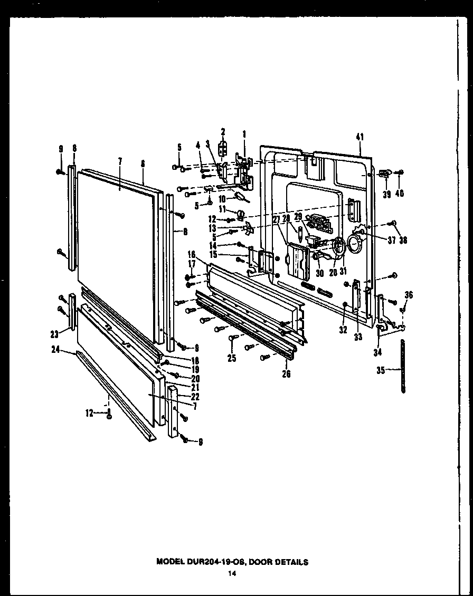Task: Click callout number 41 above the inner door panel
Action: [x=360, y=138]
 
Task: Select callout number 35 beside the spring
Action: [x=380, y=370]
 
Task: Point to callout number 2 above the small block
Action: [x=223, y=131]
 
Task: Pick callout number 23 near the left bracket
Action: [x=54, y=333]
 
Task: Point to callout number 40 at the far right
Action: [x=400, y=194]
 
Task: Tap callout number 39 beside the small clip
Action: [x=387, y=194]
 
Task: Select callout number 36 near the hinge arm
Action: [x=408, y=295]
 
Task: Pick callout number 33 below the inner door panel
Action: [x=358, y=337]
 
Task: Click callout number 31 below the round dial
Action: [x=343, y=272]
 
